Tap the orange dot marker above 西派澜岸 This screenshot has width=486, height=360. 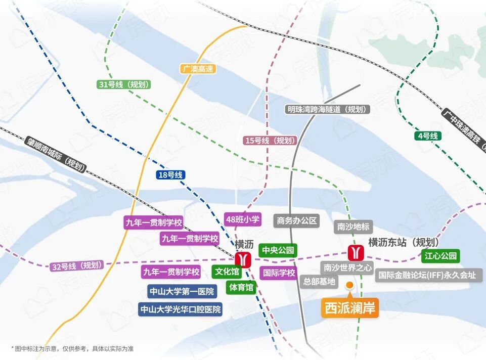pyautogui.click(x=349, y=286)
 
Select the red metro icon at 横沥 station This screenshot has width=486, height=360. pyautogui.click(x=242, y=259)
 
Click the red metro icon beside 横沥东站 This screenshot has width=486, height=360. pyautogui.click(x=356, y=251)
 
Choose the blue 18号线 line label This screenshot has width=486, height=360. pyautogui.click(x=170, y=175)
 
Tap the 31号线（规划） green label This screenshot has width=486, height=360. pyautogui.click(x=123, y=84)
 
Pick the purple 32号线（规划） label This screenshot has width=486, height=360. pyautogui.click(x=77, y=265)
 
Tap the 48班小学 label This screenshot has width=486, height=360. pyautogui.click(x=242, y=219)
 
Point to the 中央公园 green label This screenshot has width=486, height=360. pyautogui.click(x=277, y=250)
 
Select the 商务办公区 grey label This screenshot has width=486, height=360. pyautogui.click(x=297, y=220)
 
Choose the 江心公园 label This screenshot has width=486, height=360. pyautogui.click(x=440, y=255)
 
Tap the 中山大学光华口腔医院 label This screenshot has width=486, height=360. pyautogui.click(x=181, y=309)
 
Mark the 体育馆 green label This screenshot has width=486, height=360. pyautogui.click(x=241, y=287)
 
